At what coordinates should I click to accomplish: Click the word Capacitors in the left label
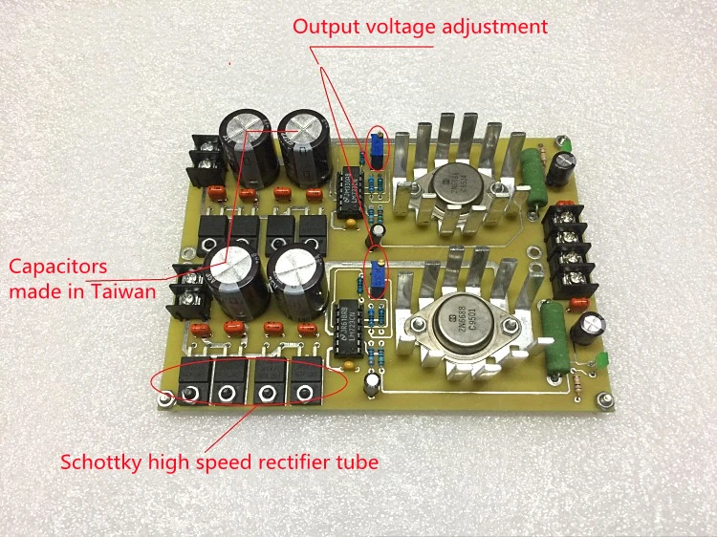click(x=57, y=267)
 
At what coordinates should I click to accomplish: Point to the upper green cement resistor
click(x=530, y=174)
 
